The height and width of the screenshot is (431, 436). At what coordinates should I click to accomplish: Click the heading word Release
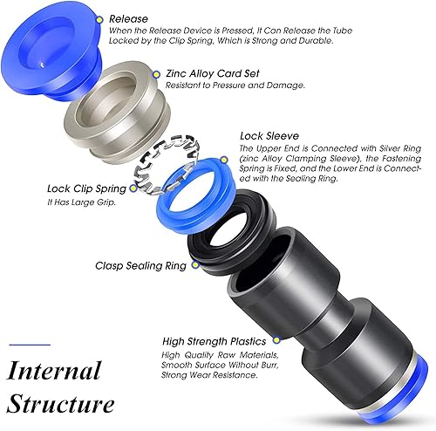coord(128,19)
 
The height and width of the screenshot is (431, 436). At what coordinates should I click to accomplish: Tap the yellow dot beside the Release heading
coord(99,20)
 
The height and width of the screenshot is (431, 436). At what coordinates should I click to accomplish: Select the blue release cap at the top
coord(51,56)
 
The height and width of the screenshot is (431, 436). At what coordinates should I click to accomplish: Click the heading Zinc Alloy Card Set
coord(212,73)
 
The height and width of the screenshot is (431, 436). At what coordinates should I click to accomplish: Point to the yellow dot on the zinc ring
coord(156,74)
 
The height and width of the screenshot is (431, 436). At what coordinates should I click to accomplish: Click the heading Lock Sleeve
coord(269,136)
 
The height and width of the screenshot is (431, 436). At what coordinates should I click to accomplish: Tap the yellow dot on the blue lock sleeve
coord(223,160)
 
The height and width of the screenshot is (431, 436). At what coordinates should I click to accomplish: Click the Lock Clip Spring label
coord(86,188)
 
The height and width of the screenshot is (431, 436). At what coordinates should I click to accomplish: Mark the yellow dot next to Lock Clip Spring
coord(133,188)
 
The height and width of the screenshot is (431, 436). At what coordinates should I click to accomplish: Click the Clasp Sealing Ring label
coord(140,266)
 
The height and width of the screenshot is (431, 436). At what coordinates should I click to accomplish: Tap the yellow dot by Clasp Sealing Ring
coord(195,264)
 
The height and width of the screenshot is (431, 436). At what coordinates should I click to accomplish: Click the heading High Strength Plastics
coord(215,341)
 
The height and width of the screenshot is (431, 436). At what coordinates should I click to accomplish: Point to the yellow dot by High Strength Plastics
coord(276,339)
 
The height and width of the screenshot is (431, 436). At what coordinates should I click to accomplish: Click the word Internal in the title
coord(54,371)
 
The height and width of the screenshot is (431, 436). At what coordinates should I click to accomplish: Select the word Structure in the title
coord(60,404)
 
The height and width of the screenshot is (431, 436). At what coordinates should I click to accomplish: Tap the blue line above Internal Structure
coord(30,345)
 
